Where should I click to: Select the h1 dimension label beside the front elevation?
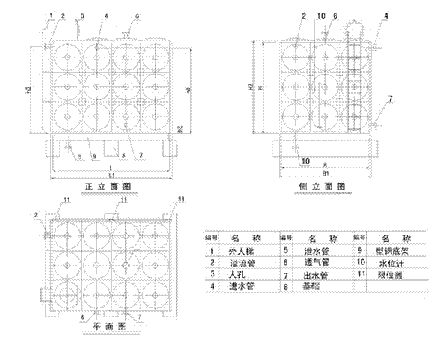(x=188, y=90)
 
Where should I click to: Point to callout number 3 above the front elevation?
(x=82, y=16)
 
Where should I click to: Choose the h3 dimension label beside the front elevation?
(x=28, y=90)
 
